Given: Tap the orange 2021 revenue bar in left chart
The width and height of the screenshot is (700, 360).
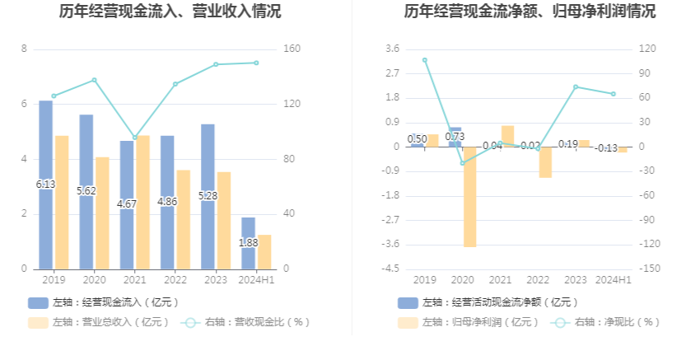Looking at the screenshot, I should coord(143,202).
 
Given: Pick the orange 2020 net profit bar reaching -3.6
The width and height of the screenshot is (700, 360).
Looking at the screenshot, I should coord(470,197).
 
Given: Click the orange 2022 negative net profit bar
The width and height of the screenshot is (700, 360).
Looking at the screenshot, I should coord(545,162).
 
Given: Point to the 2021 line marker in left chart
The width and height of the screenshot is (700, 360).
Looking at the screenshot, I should coord(135,138).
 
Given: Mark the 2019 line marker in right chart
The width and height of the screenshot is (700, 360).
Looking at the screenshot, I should coord(425,60).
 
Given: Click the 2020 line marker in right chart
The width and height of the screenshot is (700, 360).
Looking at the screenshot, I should coord(463,163).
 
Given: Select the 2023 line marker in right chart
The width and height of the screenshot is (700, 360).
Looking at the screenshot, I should coord(576,86).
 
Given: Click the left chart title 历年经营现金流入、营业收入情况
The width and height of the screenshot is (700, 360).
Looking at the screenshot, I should coord(170,12).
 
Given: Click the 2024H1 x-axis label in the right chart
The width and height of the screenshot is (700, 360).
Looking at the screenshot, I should coord(614,280).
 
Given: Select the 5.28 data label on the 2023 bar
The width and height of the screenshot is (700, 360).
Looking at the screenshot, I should coord(208,195).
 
